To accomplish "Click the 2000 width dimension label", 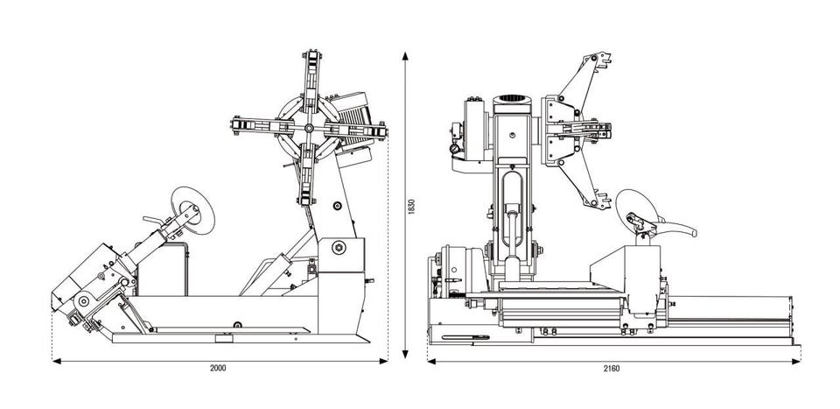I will tap(219, 368).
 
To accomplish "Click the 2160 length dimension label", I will tap(612, 368).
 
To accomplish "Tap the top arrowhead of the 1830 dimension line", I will tap(405, 53).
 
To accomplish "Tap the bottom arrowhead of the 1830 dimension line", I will tap(405, 354).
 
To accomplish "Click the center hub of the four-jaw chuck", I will tap(307, 129).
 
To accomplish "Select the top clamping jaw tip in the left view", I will tap(311, 59).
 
